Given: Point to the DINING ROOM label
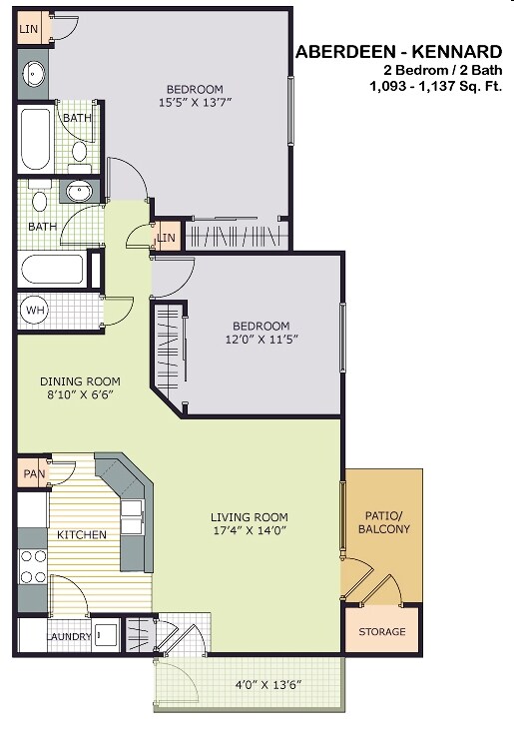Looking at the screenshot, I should (x=80, y=381).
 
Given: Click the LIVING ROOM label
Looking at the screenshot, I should (x=249, y=516).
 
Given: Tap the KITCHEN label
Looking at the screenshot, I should (x=81, y=535).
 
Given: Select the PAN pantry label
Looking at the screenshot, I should (x=29, y=473).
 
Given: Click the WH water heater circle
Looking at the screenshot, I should (x=35, y=311).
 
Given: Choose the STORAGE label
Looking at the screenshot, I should (x=382, y=631).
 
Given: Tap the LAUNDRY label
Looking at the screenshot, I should (x=69, y=635).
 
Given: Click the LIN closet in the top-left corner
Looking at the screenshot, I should (x=29, y=29).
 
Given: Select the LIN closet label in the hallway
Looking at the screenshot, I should (x=166, y=237).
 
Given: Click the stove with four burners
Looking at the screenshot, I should (x=33, y=566).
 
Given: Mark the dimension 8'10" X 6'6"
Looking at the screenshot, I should (x=80, y=395).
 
